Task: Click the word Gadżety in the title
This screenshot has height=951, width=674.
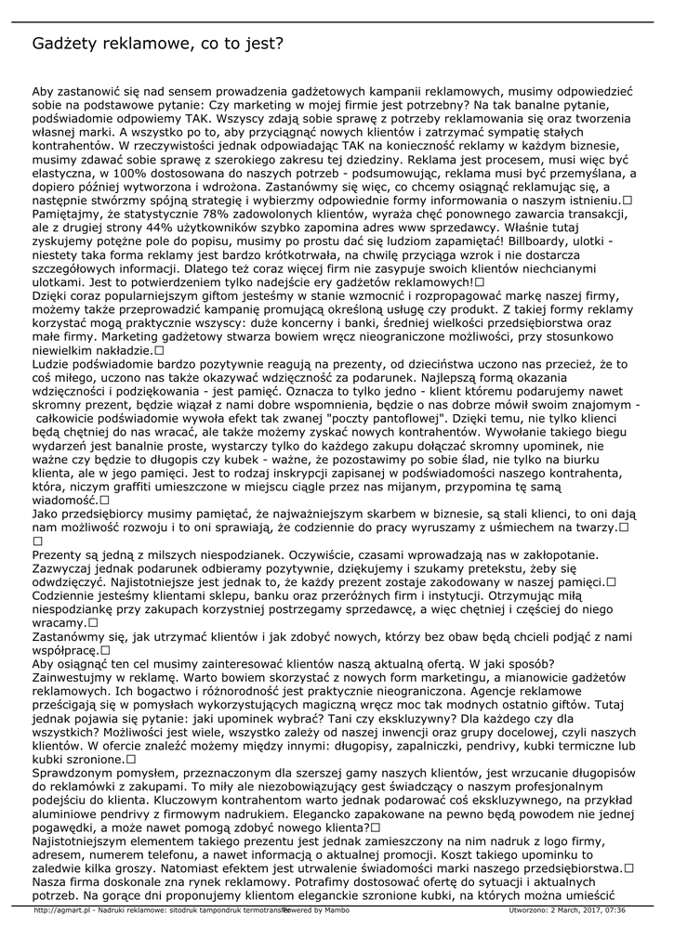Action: point(65,44)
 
